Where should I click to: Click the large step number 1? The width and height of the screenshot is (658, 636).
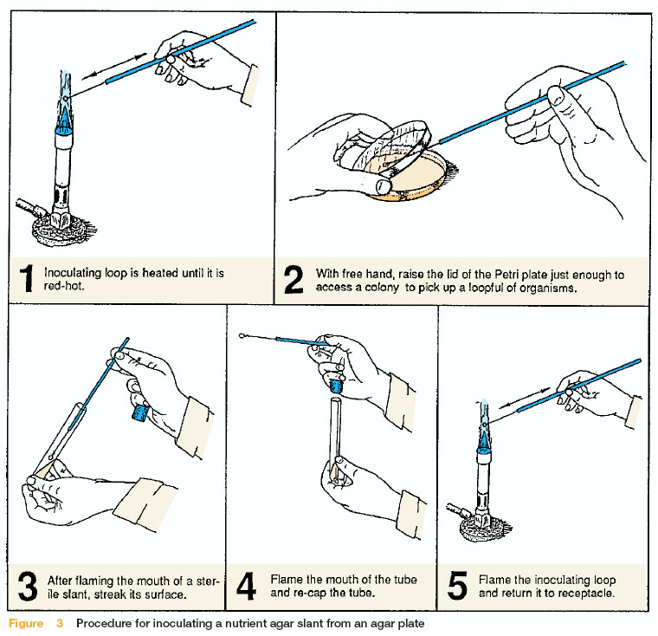pyautogui.click(x=28, y=278)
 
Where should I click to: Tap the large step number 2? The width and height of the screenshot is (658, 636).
pyautogui.click(x=294, y=279)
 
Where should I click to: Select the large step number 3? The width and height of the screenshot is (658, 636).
pyautogui.click(x=28, y=586)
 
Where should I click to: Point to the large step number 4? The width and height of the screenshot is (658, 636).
pyautogui.click(x=246, y=586)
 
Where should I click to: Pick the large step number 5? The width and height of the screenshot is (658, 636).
pyautogui.click(x=457, y=586)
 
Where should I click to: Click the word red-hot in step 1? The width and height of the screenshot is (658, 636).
pyautogui.click(x=64, y=286)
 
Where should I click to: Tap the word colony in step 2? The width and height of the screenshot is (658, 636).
pyautogui.click(x=382, y=288)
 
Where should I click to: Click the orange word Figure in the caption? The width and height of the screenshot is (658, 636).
pyautogui.click(x=26, y=623)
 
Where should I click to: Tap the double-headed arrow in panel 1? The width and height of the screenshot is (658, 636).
pyautogui.click(x=114, y=66)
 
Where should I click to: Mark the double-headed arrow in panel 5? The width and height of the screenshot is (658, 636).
pyautogui.click(x=524, y=398)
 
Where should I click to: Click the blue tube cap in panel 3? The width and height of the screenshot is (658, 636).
pyautogui.click(x=140, y=412)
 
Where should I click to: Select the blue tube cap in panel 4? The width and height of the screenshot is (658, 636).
pyautogui.click(x=337, y=386)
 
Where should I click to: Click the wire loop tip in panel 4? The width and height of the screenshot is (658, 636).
pyautogui.click(x=242, y=335)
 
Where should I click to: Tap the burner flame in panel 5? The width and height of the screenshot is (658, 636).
pyautogui.click(x=484, y=425)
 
